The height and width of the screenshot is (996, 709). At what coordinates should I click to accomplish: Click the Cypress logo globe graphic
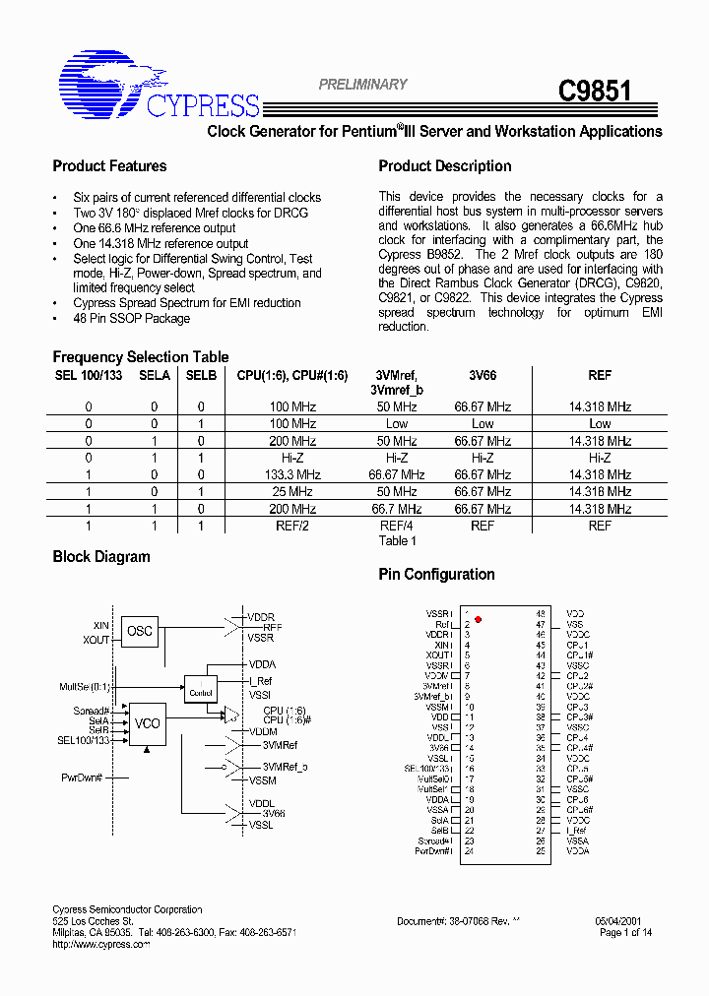(98, 82)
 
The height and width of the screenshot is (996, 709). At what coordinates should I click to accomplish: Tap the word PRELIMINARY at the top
(362, 85)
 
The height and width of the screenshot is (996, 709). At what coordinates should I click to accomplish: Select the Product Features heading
(109, 166)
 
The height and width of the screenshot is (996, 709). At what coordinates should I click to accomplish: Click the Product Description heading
(445, 166)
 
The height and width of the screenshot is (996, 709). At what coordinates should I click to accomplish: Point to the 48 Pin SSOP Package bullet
(131, 319)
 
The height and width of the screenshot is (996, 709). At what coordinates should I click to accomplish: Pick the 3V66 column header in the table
(482, 375)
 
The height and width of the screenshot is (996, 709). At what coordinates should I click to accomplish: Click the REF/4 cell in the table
(397, 526)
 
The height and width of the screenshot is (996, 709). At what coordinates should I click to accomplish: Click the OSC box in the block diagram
(140, 631)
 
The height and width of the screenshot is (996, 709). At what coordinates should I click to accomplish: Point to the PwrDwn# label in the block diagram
(82, 778)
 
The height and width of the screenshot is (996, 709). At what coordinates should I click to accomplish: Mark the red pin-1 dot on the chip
(479, 619)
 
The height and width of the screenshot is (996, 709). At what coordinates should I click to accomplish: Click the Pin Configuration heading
(436, 575)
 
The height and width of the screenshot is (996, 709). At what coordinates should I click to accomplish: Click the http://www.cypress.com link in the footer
(100, 944)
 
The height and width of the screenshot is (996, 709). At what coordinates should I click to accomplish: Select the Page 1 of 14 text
(625, 932)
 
